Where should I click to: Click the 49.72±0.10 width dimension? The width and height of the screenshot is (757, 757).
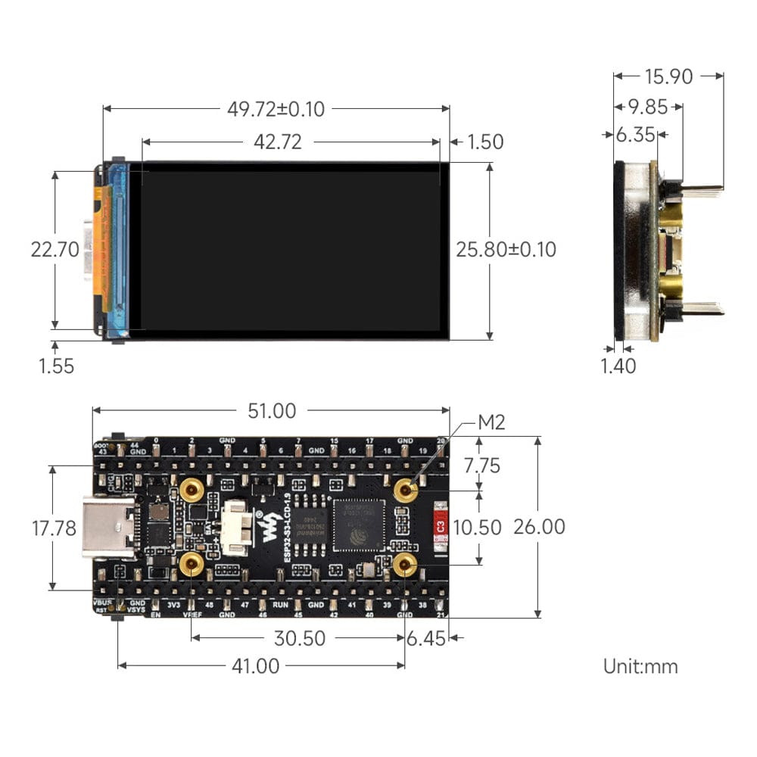[x=276, y=109]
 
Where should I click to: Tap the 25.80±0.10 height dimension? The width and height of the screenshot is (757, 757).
[x=506, y=249]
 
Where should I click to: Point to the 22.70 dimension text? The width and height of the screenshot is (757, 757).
[x=55, y=249]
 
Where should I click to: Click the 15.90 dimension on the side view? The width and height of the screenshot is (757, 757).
[x=668, y=76]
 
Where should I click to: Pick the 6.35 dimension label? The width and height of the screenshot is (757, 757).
[x=634, y=135]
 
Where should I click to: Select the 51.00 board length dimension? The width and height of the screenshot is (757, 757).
[x=272, y=411]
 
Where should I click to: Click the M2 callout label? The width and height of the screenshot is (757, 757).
[x=491, y=422]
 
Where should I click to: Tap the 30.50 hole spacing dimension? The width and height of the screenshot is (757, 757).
[x=299, y=638]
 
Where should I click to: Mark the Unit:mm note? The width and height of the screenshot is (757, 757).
[x=640, y=666]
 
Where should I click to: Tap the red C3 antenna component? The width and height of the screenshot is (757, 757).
[x=438, y=524]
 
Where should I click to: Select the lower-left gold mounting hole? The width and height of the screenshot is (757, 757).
[x=192, y=563]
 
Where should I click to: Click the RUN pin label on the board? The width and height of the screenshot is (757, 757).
[x=279, y=605]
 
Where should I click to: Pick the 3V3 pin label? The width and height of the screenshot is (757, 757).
[x=173, y=605]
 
